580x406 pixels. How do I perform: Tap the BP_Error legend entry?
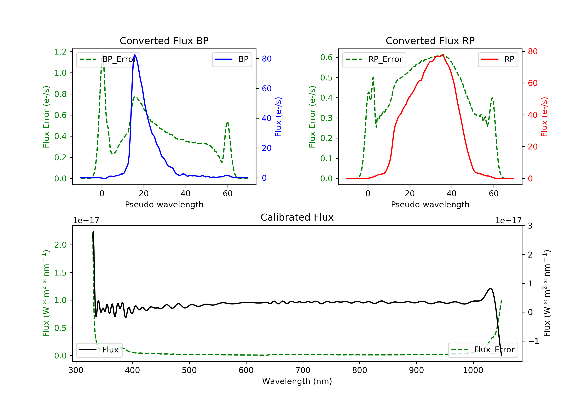pos(108,59)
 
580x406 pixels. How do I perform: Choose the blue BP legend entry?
pos(232,59)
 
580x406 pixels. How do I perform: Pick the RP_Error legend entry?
pos(374,59)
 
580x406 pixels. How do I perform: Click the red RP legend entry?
pos(498,59)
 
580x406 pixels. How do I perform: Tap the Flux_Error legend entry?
pos(483,350)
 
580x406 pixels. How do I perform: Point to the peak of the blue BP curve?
pos(135,55)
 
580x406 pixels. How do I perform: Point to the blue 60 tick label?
pos(266,88)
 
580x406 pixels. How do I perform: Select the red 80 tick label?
pos(532,52)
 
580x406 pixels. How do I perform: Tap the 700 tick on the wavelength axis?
pos(303,370)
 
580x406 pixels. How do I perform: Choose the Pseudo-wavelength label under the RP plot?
pos(430,204)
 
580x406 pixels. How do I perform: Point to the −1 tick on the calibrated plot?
pos(533,341)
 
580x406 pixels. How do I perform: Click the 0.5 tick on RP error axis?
pos(326,78)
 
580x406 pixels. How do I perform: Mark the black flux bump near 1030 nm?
pos(490,288)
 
